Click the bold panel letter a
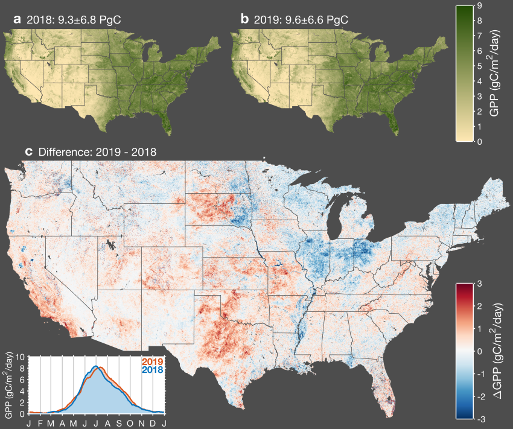point(18,20)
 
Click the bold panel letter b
point(244,19)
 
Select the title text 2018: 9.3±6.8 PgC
point(74,20)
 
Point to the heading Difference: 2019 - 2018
point(97,151)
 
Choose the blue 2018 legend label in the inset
point(151,369)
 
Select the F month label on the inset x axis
point(40,423)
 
